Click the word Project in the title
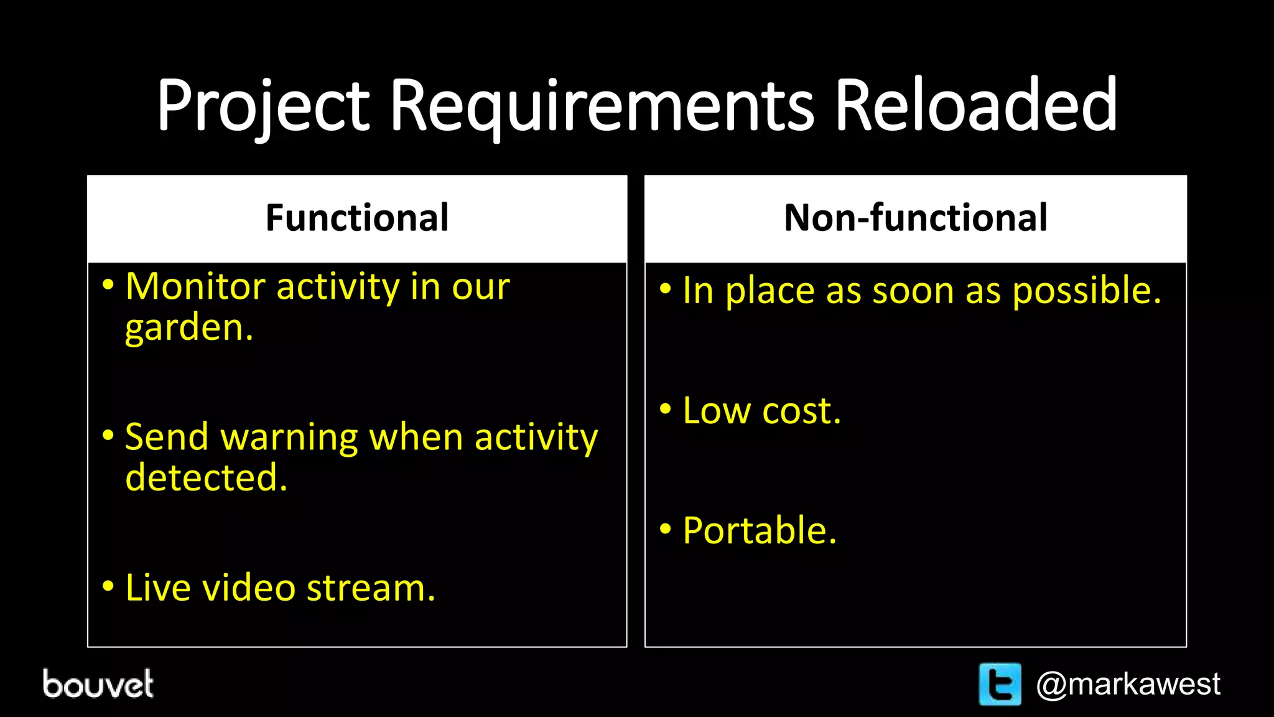[x=263, y=106]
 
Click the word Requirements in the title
[x=601, y=106]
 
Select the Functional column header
[x=357, y=218]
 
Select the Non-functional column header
[x=915, y=218]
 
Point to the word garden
[x=188, y=328]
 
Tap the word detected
[x=206, y=478]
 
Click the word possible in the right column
[x=1086, y=291]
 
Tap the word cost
[x=801, y=411]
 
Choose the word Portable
[x=760, y=531]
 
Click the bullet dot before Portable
[x=666, y=530]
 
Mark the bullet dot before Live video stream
[x=108, y=586]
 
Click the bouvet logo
[x=98, y=683]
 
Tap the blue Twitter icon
[x=1000, y=684]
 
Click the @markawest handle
[x=1128, y=684]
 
